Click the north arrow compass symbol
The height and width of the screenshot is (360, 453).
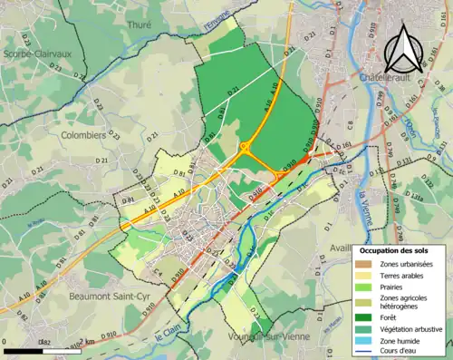(x=405, y=47)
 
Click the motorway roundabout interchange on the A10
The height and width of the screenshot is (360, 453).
(x=244, y=145)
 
